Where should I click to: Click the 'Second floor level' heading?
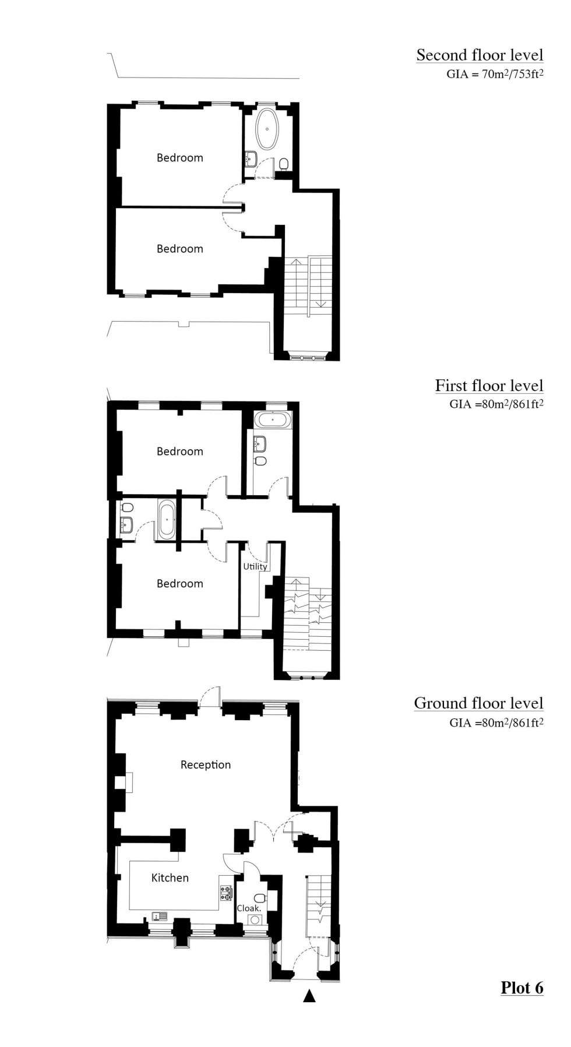click(x=479, y=55)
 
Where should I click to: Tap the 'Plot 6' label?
click(x=521, y=987)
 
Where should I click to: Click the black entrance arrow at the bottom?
click(x=309, y=996)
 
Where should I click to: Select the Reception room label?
click(x=205, y=764)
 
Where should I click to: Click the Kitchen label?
click(x=170, y=877)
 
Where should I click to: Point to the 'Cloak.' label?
click(x=249, y=908)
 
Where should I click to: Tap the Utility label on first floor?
click(x=255, y=566)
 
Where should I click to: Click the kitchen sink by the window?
click(x=160, y=916)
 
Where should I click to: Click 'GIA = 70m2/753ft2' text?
click(x=495, y=75)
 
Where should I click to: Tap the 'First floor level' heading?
click(x=488, y=386)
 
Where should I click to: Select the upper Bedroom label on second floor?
click(x=179, y=157)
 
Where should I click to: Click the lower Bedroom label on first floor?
click(x=179, y=583)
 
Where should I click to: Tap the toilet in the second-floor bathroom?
click(x=284, y=164)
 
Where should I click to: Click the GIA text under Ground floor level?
click(x=496, y=723)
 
